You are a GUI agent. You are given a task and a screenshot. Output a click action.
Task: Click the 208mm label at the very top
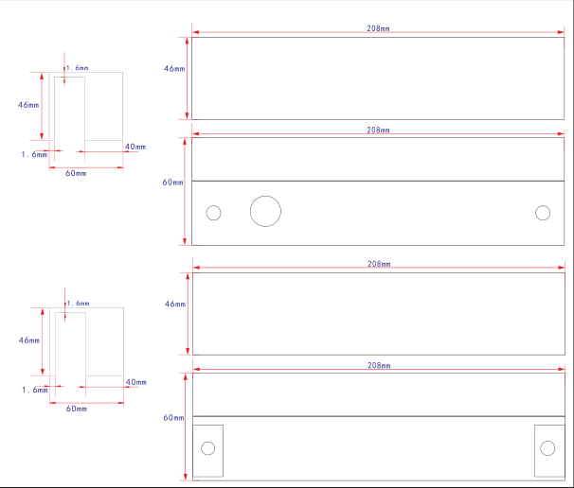378,28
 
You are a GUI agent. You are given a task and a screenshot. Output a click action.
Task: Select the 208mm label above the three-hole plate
378,130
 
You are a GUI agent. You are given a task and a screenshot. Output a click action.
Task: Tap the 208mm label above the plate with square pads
379,365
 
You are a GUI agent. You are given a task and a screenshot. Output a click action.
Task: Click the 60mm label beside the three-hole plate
172,182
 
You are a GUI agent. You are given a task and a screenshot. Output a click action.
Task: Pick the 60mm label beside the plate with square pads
173,417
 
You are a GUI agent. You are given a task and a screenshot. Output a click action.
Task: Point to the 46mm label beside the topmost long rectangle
174,68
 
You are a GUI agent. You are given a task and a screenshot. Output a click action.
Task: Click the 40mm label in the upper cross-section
135,147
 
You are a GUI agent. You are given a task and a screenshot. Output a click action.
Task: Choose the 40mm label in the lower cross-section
136,382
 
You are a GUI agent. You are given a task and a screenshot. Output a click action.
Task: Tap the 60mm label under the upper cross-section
76,173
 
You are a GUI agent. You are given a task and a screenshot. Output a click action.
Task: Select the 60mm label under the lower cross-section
77,409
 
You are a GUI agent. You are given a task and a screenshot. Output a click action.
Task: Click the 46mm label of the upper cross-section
28,105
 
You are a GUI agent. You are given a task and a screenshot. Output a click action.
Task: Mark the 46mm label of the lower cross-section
29,340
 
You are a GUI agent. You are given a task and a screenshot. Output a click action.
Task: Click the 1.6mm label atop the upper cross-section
78,68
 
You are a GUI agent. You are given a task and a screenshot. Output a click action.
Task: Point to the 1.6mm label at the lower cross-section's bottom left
35,390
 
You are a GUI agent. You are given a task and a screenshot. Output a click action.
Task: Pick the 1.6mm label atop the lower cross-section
78,304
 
